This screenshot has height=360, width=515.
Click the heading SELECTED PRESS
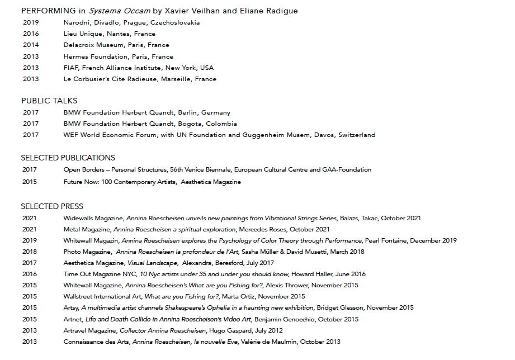click(52, 206)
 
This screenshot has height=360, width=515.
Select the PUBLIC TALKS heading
click(49, 101)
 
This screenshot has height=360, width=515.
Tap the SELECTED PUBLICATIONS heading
click(68, 158)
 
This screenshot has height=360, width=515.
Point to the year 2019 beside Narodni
click(31, 23)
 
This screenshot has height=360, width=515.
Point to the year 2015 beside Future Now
click(30, 182)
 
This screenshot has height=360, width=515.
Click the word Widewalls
click(79, 219)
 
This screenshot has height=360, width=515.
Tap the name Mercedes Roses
click(261, 229)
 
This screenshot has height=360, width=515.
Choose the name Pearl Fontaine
click(386, 240)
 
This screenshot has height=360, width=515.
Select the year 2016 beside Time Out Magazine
click(30, 274)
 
